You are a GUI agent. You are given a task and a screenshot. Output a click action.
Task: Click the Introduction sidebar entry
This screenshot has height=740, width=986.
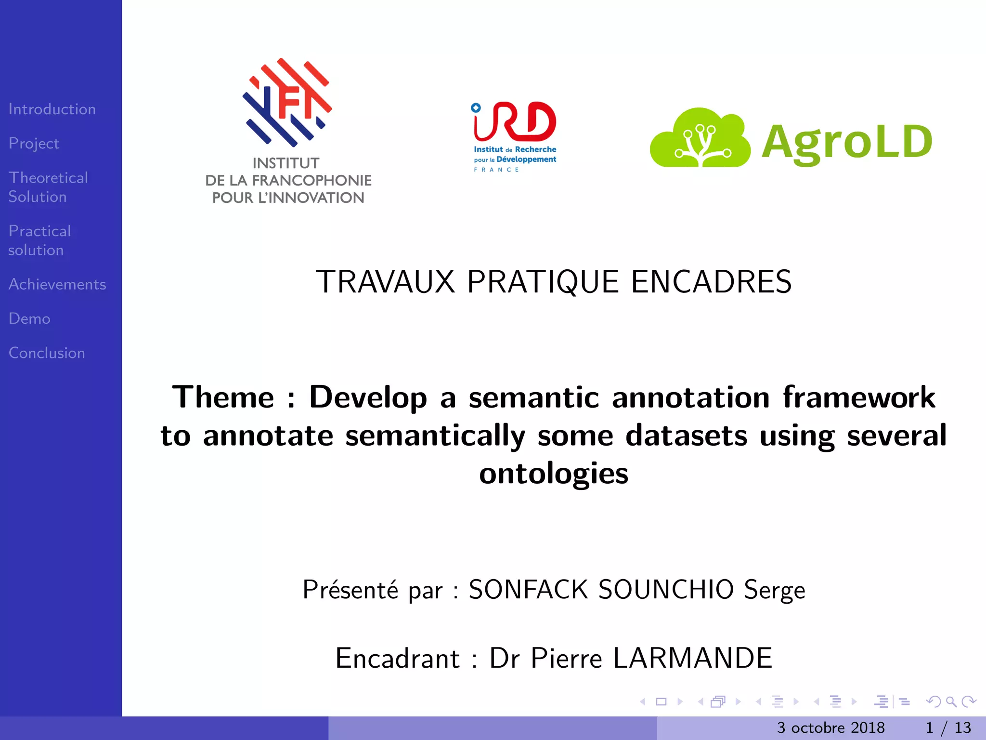tap(52, 109)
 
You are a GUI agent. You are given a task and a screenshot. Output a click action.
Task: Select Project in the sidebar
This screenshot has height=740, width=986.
tap(34, 144)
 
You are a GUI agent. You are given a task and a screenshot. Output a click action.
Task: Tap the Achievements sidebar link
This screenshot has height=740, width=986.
tap(57, 284)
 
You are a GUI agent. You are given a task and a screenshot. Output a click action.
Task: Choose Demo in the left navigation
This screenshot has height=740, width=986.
tap(29, 318)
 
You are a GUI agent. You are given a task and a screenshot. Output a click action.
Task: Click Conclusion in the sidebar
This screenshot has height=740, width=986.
tap(47, 353)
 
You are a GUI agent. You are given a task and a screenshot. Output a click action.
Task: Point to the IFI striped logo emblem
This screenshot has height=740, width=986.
tap(287, 103)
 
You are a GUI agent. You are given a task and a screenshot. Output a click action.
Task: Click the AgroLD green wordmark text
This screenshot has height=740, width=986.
tap(846, 142)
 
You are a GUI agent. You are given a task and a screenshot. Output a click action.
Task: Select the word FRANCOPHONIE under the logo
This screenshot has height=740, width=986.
tap(312, 181)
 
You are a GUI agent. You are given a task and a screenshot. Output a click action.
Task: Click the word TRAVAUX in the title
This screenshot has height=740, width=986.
tap(385, 282)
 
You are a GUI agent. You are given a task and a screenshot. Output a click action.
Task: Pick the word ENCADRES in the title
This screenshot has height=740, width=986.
tap(711, 282)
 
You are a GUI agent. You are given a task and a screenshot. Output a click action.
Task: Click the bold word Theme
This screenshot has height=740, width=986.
tap(223, 397)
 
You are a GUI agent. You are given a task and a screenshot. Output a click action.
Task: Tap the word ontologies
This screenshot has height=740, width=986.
tap(554, 473)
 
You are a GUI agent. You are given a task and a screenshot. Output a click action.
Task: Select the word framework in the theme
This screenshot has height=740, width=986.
tap(859, 397)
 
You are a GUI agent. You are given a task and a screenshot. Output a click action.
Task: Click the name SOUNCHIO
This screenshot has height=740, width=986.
tap(666, 589)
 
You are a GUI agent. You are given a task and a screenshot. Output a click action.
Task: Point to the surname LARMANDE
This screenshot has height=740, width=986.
tap(692, 658)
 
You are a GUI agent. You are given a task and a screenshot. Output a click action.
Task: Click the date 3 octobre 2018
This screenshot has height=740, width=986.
tap(830, 727)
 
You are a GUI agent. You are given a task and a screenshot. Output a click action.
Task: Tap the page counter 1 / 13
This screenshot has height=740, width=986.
tap(948, 727)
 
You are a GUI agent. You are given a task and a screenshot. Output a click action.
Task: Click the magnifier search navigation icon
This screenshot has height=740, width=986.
tap(951, 702)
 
